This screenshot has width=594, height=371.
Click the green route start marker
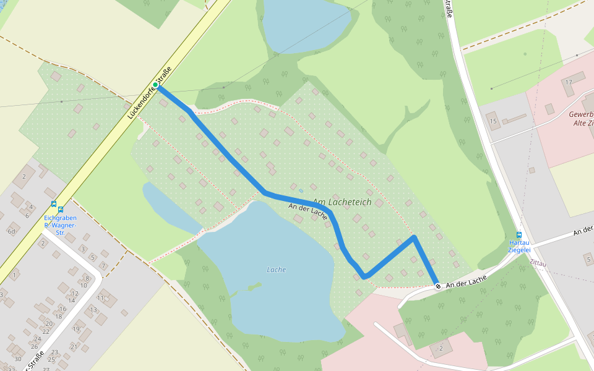pos(155,85)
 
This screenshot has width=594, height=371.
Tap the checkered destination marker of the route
pos(438,286)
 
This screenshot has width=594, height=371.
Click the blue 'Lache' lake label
pos(276,270)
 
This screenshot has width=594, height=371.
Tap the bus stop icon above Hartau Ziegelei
pos(519,235)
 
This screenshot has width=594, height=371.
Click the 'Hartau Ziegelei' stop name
pos(519,246)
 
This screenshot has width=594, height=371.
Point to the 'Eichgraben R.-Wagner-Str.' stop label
pos(60,225)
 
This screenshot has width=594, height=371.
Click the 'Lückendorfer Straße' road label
pos(148,98)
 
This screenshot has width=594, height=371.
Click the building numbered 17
pos(568,83)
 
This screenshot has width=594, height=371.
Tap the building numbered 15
pos(493,121)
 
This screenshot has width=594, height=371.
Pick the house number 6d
pos(11,231)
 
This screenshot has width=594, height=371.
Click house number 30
pos(17,359)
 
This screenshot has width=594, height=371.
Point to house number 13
pos(93,310)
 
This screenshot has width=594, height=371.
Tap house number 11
pos(100,298)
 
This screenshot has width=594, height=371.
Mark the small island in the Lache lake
pos(252,286)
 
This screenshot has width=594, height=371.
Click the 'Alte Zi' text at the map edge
pos(583,123)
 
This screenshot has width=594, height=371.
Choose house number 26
pos(37,338)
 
